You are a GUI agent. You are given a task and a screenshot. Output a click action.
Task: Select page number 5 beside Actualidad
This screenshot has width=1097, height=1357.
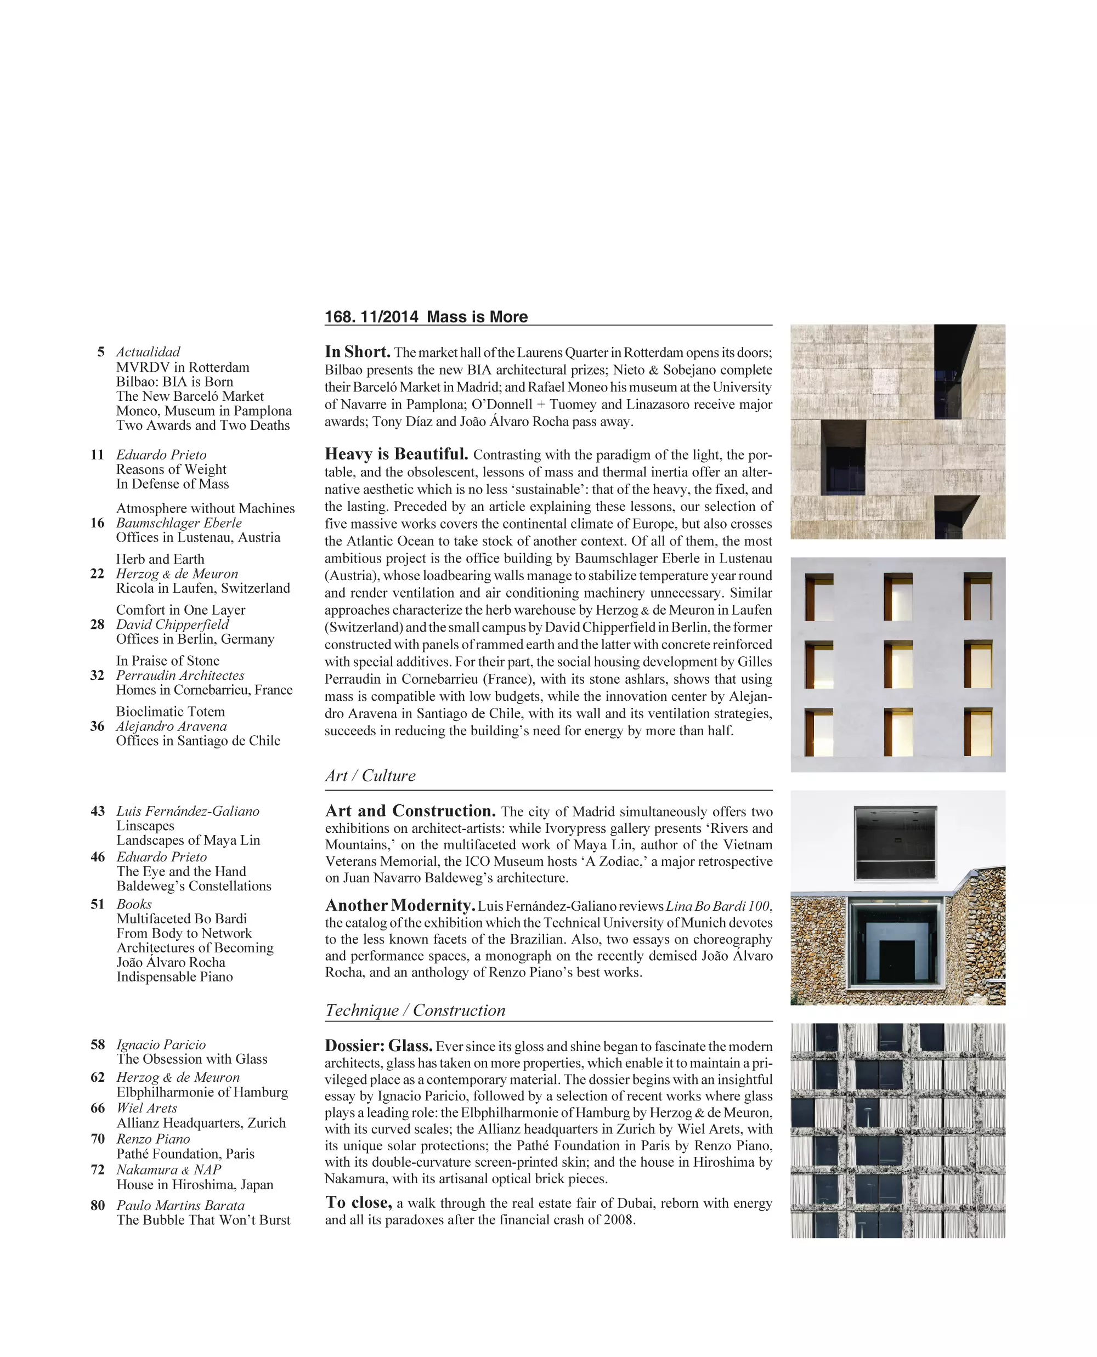tap(100, 352)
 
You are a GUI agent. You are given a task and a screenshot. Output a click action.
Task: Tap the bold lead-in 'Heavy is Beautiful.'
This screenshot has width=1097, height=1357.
tap(396, 454)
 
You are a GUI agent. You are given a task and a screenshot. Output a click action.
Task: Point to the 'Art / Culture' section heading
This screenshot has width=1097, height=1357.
tap(370, 776)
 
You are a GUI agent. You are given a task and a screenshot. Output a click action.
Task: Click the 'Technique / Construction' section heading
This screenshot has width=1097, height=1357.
tap(415, 1010)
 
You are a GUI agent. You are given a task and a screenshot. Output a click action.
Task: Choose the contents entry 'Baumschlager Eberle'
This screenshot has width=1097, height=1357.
tap(179, 523)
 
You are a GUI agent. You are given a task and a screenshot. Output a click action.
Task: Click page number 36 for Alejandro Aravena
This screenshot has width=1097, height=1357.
tap(97, 726)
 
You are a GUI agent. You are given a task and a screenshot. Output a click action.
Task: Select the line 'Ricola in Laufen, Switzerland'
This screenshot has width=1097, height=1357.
tap(203, 588)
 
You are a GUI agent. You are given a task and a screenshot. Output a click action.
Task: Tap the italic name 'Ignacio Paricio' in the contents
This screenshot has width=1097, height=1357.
tap(161, 1044)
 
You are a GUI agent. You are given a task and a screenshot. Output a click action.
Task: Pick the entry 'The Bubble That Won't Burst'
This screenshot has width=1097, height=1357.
tap(203, 1220)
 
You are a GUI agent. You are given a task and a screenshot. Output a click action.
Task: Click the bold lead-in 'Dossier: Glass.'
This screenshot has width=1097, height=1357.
tap(378, 1046)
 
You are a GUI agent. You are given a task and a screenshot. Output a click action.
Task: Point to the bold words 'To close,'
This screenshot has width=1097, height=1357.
tap(358, 1202)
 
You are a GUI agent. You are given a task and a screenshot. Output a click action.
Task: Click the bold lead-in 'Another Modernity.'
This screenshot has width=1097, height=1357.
tap(400, 906)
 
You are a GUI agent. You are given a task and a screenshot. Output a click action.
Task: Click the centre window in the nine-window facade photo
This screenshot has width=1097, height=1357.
tap(897, 665)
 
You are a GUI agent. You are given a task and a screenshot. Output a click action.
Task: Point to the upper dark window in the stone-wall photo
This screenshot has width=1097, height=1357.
tap(895, 843)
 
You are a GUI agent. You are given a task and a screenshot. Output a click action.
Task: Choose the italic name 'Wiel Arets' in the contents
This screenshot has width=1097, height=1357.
tap(146, 1108)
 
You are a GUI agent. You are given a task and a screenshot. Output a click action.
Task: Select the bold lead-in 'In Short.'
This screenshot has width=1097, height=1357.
tap(357, 352)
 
